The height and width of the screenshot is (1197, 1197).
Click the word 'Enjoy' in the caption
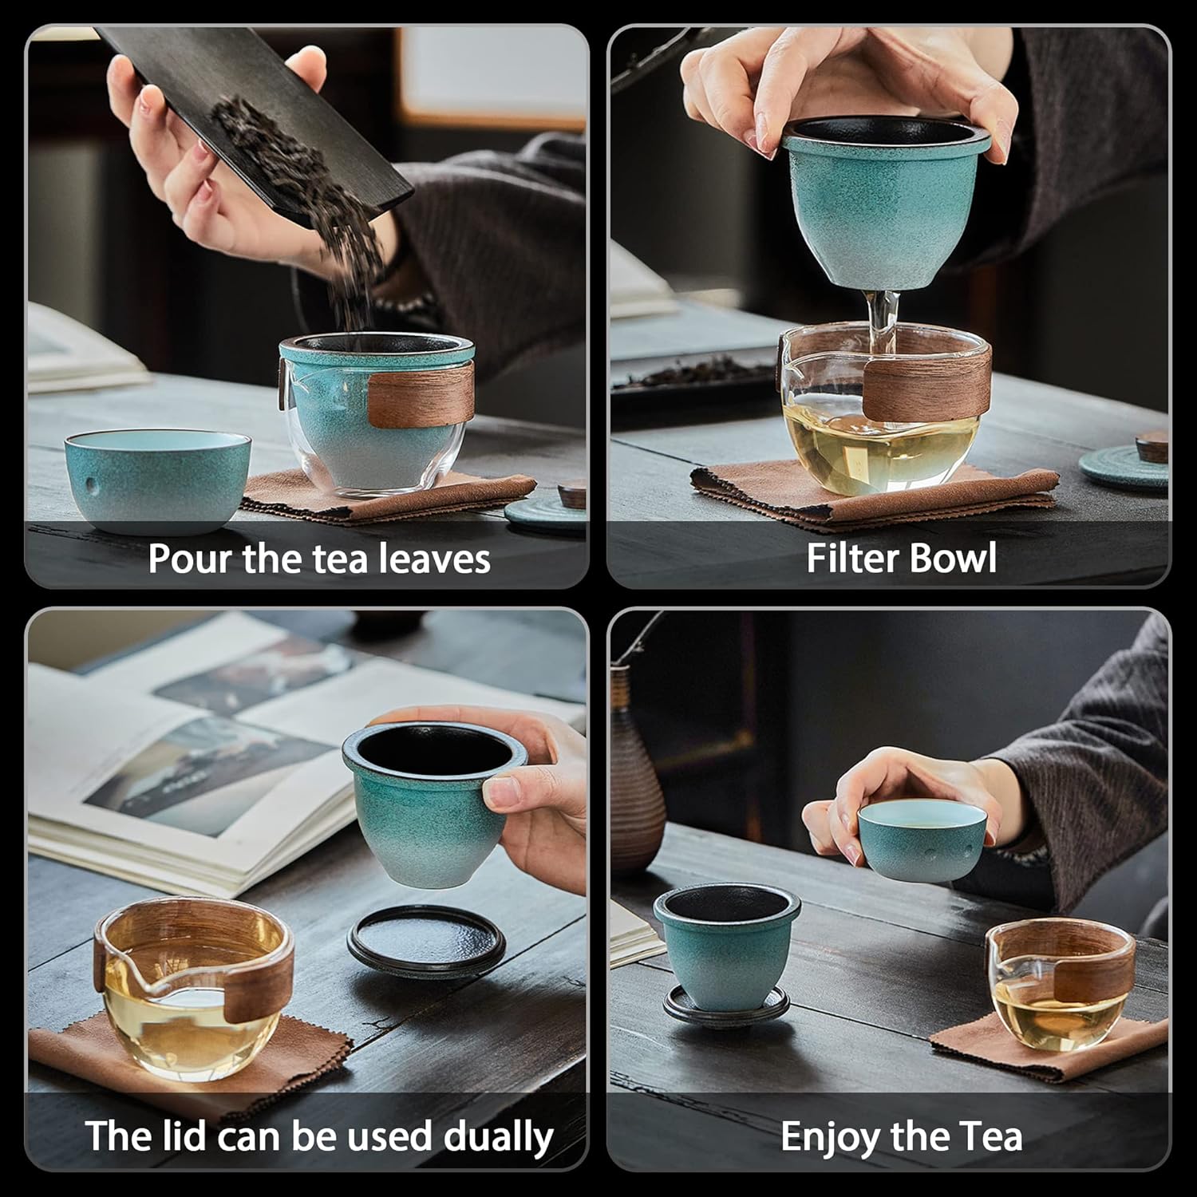tap(828, 1136)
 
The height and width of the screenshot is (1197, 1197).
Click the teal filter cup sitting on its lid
tap(725, 950)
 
